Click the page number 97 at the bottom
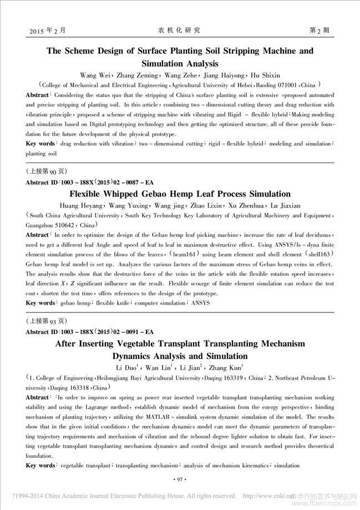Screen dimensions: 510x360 point(180,478)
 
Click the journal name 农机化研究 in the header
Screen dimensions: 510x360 point(179,29)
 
